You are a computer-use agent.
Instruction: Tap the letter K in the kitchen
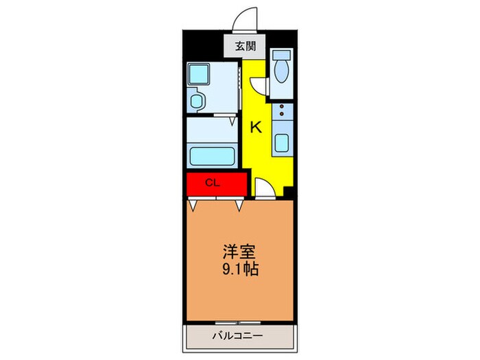(x=255, y=127)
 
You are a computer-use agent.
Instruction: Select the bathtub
(x=212, y=154)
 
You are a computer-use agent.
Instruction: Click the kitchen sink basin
(x=281, y=142)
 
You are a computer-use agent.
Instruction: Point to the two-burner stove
(x=281, y=112)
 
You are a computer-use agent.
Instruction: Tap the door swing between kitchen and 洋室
(x=264, y=189)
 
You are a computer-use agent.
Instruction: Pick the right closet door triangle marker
(x=239, y=204)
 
